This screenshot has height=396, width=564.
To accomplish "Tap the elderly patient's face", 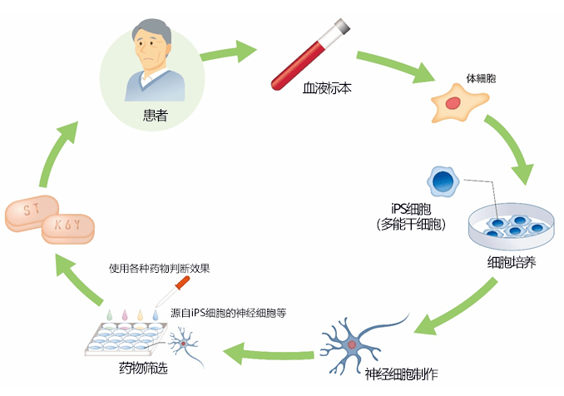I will [151, 52].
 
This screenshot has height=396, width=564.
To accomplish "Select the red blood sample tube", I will [309, 54].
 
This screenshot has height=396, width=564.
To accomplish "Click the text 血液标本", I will [327, 87].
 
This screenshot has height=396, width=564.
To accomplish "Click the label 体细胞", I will [481, 77].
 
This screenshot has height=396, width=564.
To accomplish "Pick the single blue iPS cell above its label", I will [443, 181].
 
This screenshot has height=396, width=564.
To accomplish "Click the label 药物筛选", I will [143, 367].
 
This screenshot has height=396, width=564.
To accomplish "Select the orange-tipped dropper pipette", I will [172, 292].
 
